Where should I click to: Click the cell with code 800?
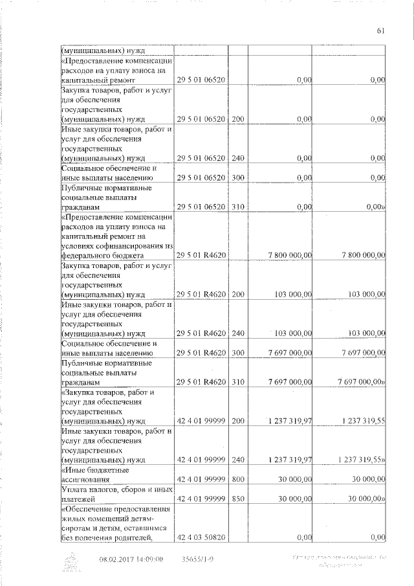pos(238,480)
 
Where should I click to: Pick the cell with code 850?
pos(238,500)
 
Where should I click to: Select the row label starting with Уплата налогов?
pos(116,495)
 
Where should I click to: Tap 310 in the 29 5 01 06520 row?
pos(238,207)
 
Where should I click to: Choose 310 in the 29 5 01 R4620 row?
pos(238,383)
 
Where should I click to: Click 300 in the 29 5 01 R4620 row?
pos(238,353)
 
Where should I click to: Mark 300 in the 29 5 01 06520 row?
pos(238,177)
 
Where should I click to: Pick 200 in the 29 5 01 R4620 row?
pos(238,294)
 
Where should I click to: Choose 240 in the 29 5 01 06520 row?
pos(238,157)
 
